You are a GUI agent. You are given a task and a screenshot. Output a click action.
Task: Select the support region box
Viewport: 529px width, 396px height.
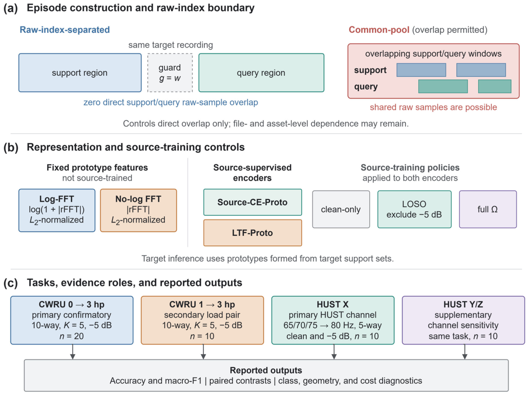[x=80, y=73]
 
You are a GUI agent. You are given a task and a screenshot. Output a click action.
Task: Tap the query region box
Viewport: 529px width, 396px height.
[x=261, y=73]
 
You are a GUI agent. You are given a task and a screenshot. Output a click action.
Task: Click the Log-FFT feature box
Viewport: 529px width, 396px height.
[x=57, y=210]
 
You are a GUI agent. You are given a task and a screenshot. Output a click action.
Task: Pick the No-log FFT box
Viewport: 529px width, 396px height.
[x=138, y=210]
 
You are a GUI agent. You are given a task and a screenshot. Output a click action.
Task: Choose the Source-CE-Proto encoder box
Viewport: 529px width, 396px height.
[x=252, y=202]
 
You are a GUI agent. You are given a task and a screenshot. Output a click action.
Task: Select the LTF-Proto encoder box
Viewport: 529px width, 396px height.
[x=252, y=233]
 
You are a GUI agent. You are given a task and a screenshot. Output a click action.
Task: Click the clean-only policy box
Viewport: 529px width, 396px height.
[x=341, y=209]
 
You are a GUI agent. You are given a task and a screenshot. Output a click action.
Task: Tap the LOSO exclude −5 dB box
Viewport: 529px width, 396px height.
[x=414, y=209]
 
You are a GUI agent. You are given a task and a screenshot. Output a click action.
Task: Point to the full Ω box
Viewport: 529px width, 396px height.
[x=488, y=209]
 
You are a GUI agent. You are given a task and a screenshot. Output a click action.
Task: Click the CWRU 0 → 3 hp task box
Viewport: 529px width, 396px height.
[x=72, y=320]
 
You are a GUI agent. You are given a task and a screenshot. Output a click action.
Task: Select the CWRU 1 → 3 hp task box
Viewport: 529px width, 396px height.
[x=202, y=320]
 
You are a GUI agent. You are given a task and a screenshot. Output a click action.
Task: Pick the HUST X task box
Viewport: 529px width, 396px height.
[x=333, y=320]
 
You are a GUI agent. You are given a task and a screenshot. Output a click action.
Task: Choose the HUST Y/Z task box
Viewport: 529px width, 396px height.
[x=463, y=320]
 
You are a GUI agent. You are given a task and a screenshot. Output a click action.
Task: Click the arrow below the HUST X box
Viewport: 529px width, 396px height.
[x=334, y=352]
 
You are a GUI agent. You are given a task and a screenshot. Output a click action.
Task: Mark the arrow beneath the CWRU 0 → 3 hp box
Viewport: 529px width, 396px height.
[x=72, y=352]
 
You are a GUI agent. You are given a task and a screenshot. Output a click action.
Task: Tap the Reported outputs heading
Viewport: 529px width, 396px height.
[x=266, y=370]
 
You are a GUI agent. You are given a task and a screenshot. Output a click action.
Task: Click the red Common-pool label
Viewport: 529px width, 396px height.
[x=379, y=30]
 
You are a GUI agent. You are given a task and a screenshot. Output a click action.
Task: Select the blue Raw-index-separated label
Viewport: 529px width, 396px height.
[x=65, y=30]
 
